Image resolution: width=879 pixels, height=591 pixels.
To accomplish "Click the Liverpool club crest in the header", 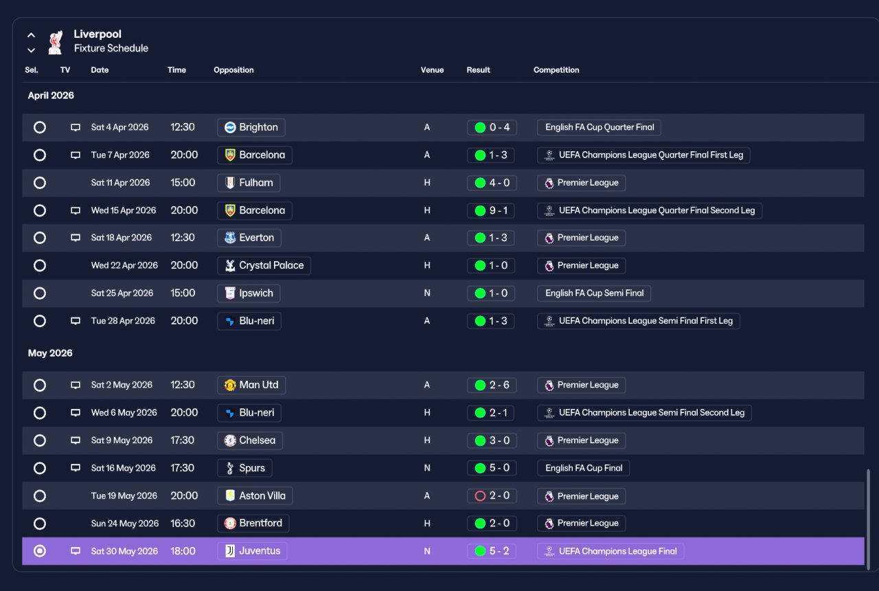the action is (x=56, y=42).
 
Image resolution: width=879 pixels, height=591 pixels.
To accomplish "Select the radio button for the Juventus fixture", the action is (x=40, y=551).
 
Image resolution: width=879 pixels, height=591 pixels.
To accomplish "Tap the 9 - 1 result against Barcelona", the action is (x=492, y=210).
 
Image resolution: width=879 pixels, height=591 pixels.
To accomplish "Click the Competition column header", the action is (x=556, y=70).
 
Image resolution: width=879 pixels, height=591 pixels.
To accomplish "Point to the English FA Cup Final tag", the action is (x=584, y=468).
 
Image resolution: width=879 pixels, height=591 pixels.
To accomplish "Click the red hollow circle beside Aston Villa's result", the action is (x=480, y=496).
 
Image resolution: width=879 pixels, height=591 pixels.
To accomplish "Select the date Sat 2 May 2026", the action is (x=122, y=385).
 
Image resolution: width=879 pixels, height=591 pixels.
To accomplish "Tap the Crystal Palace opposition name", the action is (x=271, y=265).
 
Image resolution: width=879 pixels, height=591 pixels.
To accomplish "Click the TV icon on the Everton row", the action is (x=76, y=238).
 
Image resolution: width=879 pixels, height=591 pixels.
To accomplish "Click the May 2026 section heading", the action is (x=50, y=353).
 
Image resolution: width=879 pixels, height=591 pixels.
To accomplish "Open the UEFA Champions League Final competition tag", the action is (x=610, y=551).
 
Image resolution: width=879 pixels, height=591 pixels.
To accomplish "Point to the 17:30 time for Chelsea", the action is (x=182, y=441).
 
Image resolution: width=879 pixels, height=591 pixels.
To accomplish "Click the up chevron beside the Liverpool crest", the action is (x=31, y=35).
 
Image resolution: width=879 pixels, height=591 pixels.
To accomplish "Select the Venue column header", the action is (x=432, y=70).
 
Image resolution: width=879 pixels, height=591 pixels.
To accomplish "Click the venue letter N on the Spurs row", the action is (x=427, y=468).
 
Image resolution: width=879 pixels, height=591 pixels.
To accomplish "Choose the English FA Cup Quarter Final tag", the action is (x=599, y=127).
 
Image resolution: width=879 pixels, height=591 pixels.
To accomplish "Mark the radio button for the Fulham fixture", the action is (x=40, y=183).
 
